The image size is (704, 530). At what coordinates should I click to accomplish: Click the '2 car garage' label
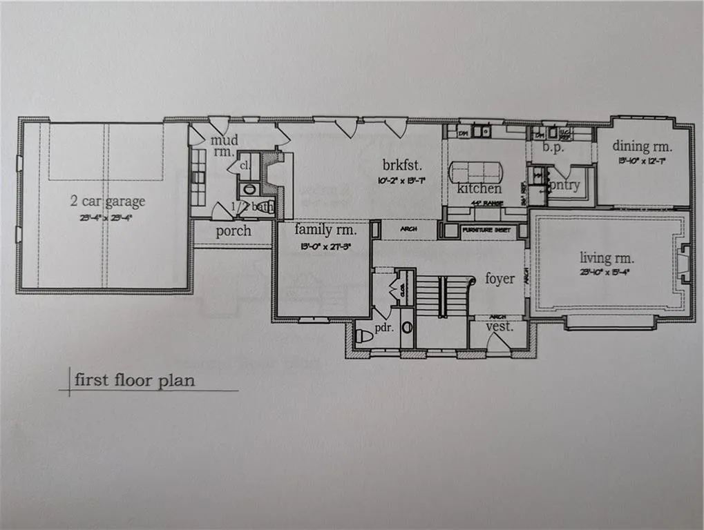107,201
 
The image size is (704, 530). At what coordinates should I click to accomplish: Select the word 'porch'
234,230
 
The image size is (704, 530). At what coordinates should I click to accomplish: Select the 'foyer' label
500,278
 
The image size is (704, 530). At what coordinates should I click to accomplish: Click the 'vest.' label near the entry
500,327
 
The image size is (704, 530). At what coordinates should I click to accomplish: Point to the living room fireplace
684,264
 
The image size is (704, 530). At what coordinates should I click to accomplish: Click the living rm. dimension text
605,272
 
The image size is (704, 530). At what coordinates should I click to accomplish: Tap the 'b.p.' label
550,146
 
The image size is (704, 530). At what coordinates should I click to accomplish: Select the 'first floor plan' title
135,380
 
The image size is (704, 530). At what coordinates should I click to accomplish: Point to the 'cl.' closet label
244,166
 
